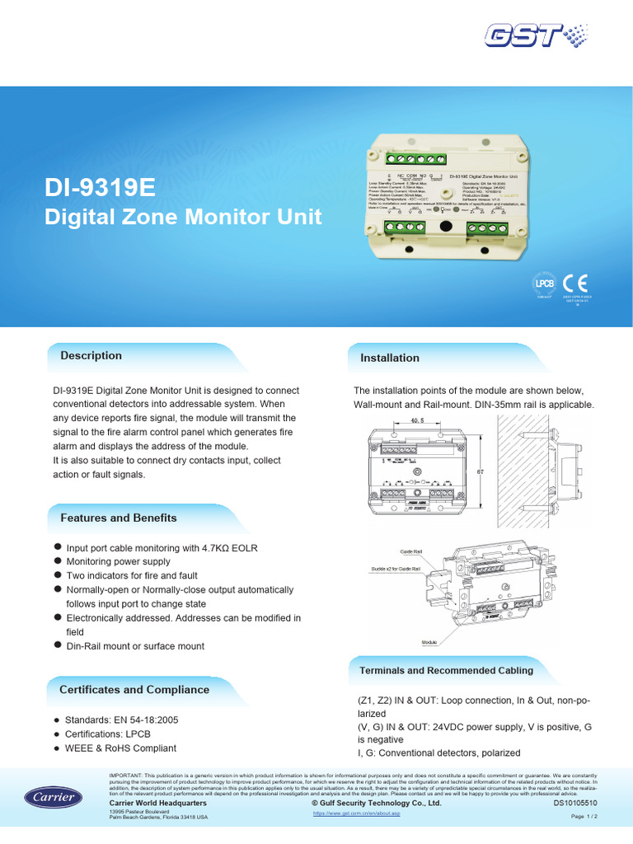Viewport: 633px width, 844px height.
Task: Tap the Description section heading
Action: [91, 355]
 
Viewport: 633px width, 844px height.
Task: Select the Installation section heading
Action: [390, 358]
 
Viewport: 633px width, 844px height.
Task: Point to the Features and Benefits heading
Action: [119, 518]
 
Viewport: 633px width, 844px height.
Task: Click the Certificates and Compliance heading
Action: [134, 689]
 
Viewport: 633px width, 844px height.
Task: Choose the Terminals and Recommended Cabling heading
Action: [446, 670]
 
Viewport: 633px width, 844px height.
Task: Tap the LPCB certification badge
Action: [546, 284]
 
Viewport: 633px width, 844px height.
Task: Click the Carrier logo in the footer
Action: [53, 797]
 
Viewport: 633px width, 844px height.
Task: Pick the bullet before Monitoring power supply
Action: [58, 560]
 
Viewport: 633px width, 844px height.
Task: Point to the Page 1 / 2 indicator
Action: [584, 816]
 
